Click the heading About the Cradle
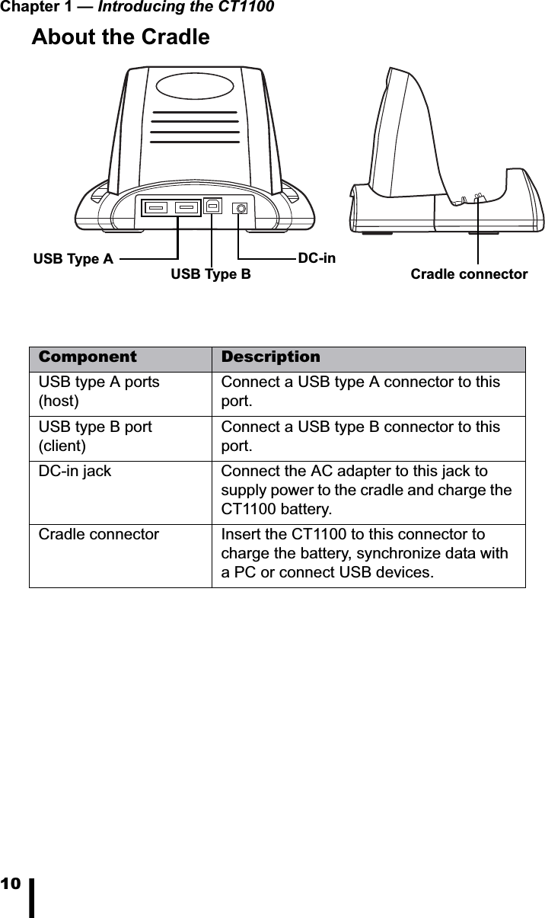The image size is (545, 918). (120, 37)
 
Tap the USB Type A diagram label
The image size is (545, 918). (73, 259)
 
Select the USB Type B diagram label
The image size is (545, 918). (210, 274)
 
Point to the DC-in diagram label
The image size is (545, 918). (317, 258)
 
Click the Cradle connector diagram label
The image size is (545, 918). (469, 274)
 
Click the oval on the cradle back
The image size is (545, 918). (195, 86)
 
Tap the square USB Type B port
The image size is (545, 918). (212, 206)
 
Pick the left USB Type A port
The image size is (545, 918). (158, 206)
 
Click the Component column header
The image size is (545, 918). (88, 357)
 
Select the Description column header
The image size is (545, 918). (271, 357)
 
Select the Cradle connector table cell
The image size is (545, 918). (99, 535)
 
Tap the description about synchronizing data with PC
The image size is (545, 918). (365, 554)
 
